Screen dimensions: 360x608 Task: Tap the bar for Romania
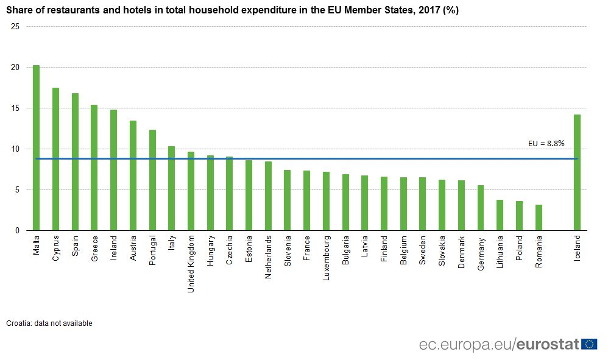point(539,217)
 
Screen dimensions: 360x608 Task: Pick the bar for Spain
point(75,162)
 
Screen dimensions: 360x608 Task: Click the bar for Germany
point(481,208)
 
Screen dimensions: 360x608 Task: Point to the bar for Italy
point(171,188)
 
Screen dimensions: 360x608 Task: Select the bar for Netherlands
point(268,196)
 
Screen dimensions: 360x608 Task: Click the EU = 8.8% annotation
point(546,144)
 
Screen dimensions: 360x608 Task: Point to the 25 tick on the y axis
point(15,27)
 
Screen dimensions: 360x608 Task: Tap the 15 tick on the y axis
point(15,108)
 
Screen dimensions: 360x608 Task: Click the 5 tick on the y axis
point(18,190)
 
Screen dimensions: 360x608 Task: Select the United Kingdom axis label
point(191,264)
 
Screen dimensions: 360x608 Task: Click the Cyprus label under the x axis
point(55,248)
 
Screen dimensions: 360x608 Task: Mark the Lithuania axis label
point(500,253)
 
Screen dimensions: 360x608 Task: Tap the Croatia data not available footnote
point(49,323)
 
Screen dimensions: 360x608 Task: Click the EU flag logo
point(589,344)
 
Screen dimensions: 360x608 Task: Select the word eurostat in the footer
point(546,345)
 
